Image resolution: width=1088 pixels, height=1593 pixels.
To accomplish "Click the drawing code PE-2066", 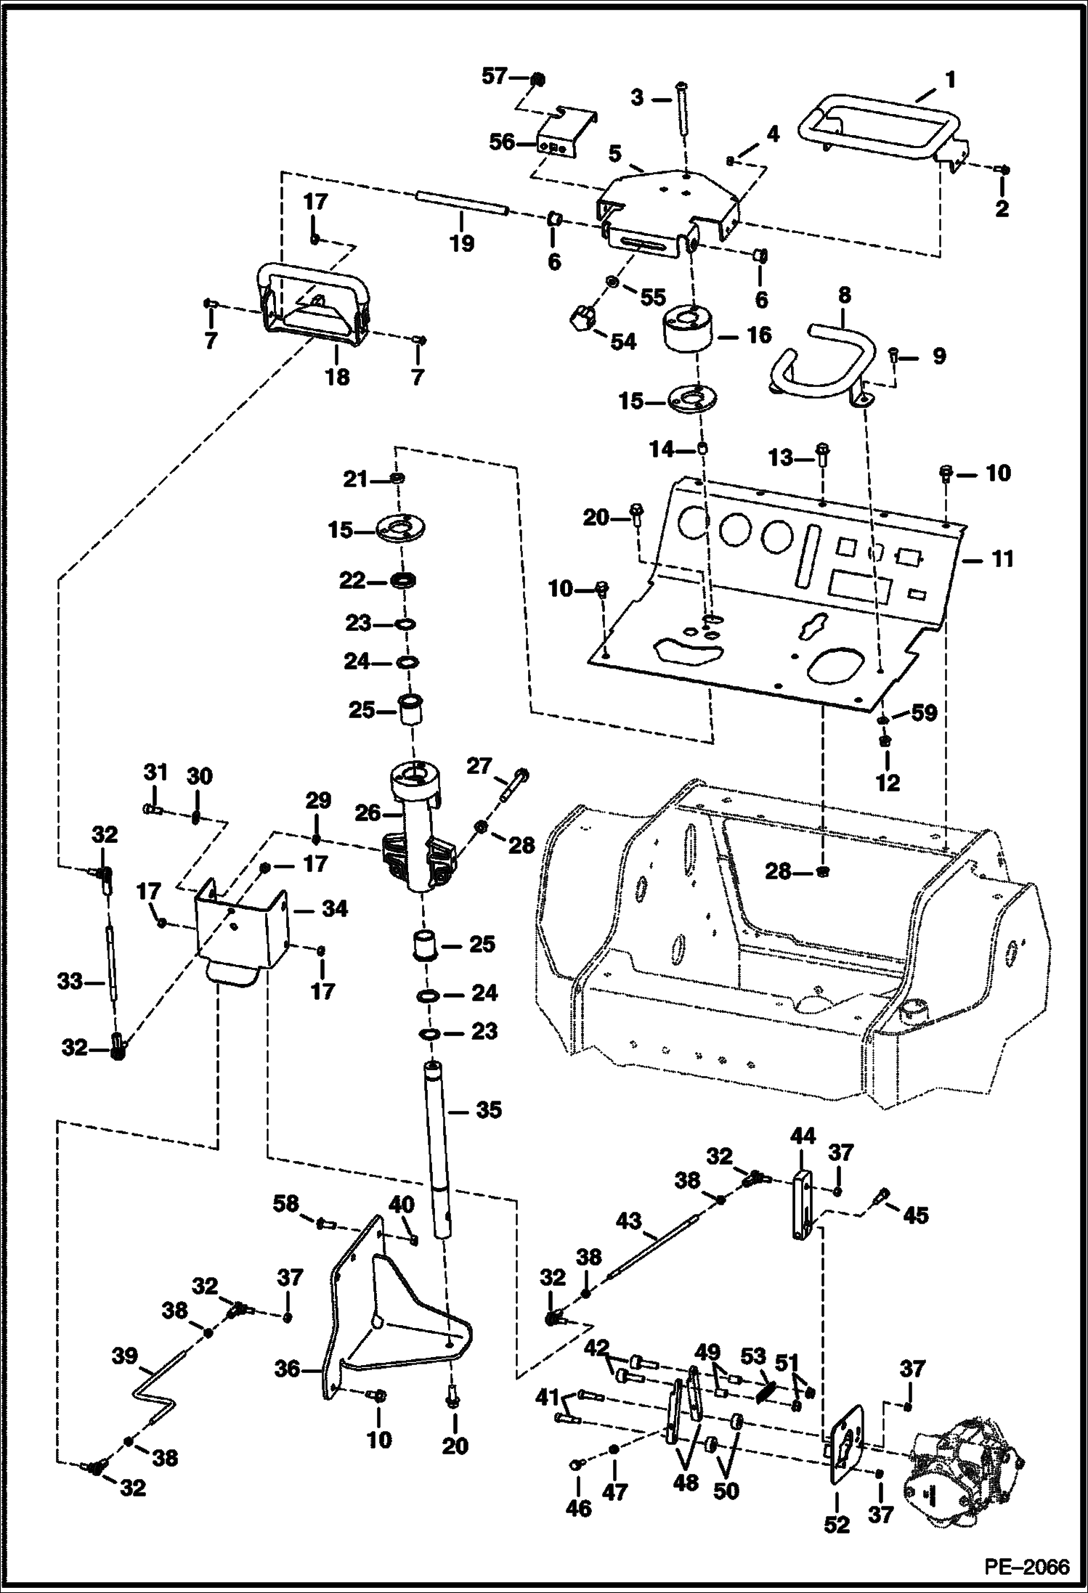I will point(1027,1566).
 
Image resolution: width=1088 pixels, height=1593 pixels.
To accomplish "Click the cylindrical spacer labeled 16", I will point(689,330).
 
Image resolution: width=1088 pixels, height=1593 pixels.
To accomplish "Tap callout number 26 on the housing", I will point(368,813).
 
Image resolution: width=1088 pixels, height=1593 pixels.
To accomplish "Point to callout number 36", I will point(288,1369).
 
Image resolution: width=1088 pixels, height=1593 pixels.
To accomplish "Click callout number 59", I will point(925,714).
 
